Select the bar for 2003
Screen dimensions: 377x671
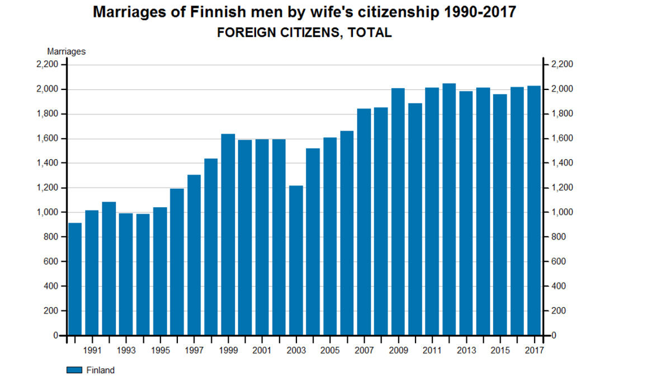296,260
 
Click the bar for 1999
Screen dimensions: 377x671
228,235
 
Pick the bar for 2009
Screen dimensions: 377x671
398,212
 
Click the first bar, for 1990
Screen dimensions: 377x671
75,279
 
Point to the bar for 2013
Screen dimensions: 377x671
466,213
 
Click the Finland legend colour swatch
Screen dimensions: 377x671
74,370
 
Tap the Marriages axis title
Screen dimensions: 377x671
66,51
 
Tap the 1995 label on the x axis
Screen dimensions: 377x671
160,350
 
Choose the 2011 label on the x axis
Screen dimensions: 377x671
432,350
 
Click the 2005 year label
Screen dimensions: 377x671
330,350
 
